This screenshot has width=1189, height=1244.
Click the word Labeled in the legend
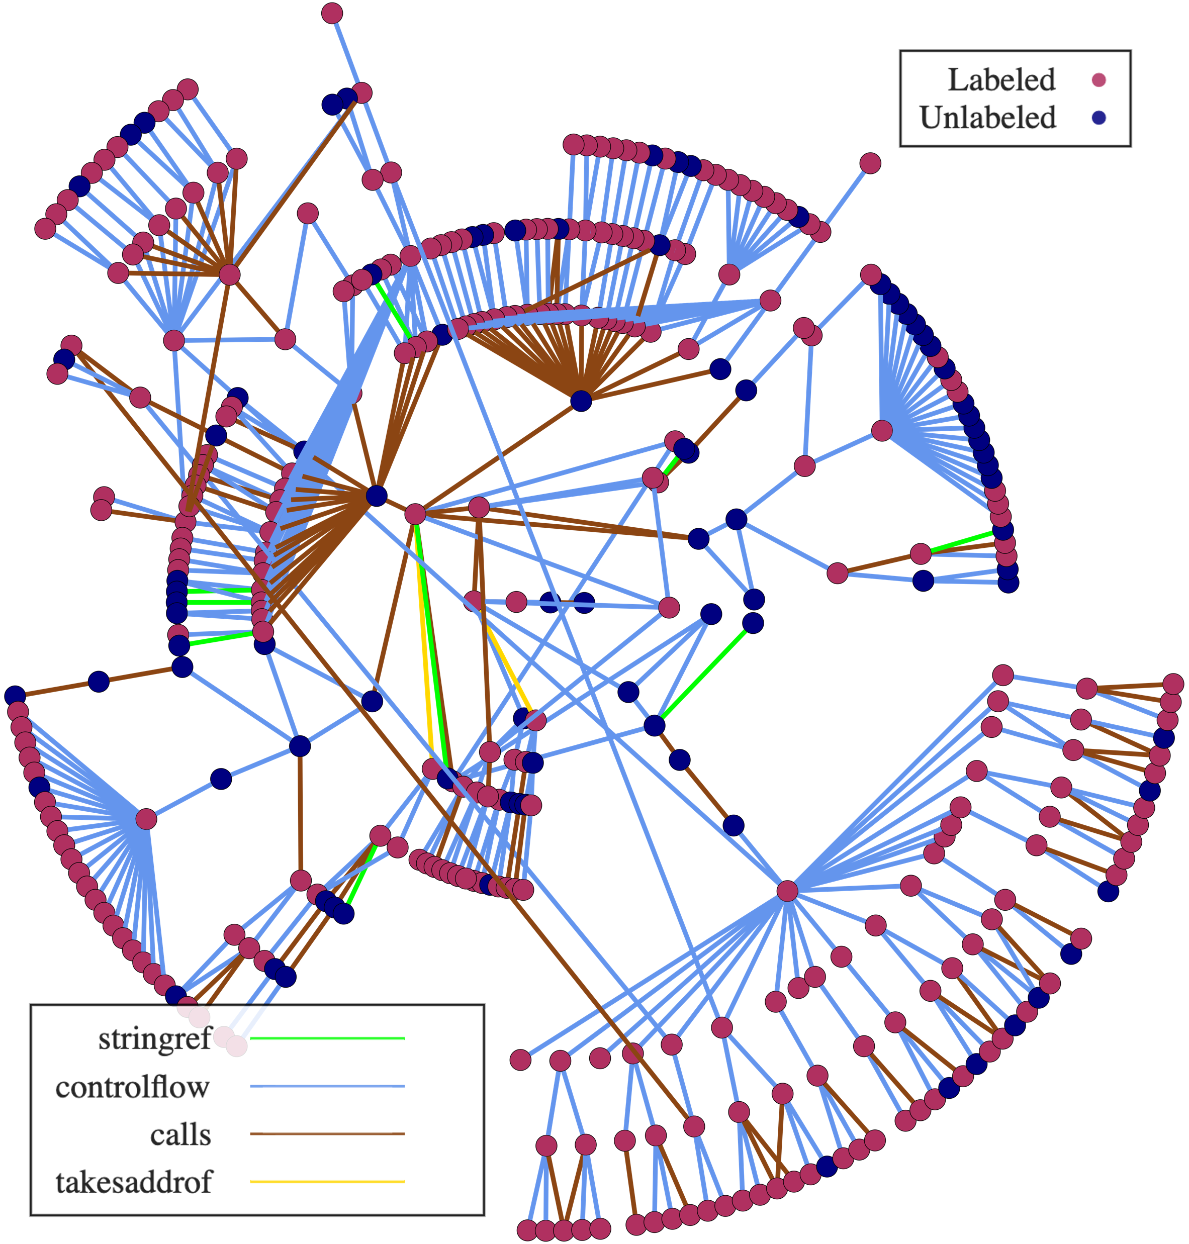point(1001,80)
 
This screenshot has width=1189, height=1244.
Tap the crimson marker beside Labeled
point(1099,80)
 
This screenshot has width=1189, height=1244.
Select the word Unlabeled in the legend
point(987,118)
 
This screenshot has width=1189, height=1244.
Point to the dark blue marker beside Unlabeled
point(1099,118)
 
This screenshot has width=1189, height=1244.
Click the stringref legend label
point(155,1038)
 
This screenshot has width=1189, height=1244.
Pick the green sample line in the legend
point(327,1038)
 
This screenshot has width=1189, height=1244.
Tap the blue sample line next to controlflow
point(327,1086)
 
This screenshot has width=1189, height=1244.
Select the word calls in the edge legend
point(180,1134)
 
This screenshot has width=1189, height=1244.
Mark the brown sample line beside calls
point(327,1134)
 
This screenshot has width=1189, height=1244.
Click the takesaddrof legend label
point(134,1182)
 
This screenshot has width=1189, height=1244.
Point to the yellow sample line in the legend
point(327,1181)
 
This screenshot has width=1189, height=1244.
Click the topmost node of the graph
point(332,13)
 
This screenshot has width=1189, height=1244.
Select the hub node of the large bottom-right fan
point(787,891)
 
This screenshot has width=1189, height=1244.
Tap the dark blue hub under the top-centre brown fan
point(581,401)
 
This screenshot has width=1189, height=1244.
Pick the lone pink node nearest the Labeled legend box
point(870,163)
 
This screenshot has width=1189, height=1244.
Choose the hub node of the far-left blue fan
point(146,819)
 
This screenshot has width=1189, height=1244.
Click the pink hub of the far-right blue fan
point(882,431)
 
